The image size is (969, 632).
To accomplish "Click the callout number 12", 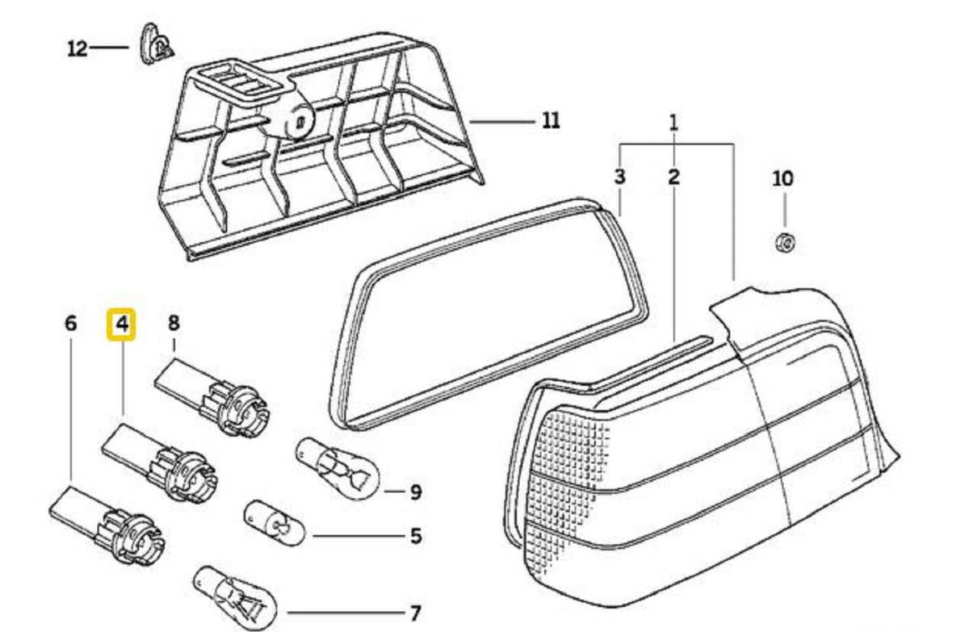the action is click(x=78, y=48).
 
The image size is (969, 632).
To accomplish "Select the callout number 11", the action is click(x=551, y=121).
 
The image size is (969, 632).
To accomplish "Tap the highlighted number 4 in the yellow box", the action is click(x=122, y=324).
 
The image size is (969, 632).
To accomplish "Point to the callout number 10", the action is click(x=783, y=178).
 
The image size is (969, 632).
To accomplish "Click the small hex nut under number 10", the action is click(x=785, y=242).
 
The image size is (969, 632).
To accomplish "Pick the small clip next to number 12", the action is click(x=156, y=44).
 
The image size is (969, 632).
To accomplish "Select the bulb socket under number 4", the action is click(x=160, y=462).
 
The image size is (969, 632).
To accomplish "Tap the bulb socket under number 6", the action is click(x=107, y=525).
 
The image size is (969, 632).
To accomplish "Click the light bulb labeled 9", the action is click(x=337, y=468).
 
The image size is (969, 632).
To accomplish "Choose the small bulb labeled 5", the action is click(x=275, y=523).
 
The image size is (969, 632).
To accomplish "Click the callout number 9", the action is click(x=415, y=492).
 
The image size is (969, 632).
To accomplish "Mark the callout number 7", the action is click(x=415, y=613).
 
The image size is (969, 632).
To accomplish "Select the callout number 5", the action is click(x=415, y=537).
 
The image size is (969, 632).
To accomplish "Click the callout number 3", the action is click(x=619, y=177).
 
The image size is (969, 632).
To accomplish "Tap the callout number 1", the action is click(x=674, y=123).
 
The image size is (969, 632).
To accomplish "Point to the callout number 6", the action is click(x=70, y=324).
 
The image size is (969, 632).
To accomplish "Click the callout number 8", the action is click(x=173, y=323).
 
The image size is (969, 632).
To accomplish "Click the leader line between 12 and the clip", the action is click(x=109, y=48).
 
